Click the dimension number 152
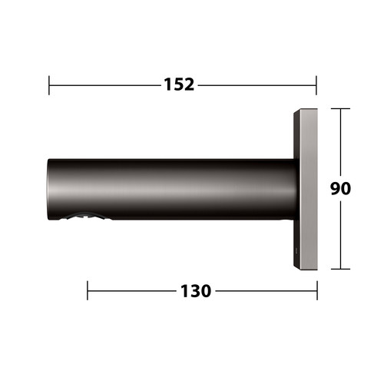coord(179,84)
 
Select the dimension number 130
coord(196,291)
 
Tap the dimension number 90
coord(340,188)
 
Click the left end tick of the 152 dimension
coord(49,85)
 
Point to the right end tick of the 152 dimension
coord(316,85)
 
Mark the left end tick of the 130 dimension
coord(88,290)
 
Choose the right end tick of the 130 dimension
coord(317,290)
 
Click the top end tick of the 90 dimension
coord(340,109)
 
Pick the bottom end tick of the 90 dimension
coord(340,269)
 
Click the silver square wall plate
coord(308,189)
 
